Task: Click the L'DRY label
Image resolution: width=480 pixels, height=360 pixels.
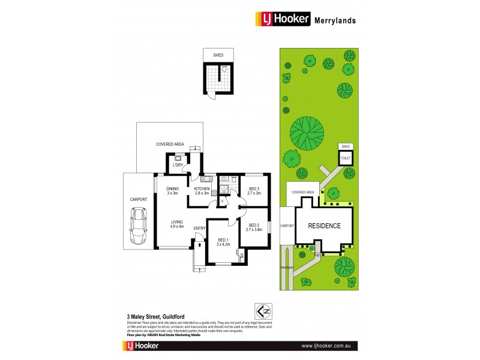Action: point(178,166)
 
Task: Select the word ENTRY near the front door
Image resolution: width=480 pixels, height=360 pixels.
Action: point(200,228)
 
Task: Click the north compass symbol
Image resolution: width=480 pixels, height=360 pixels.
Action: point(262,311)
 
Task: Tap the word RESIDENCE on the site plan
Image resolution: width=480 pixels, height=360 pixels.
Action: point(325,226)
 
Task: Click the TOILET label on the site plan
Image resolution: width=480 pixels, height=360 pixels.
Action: point(345,157)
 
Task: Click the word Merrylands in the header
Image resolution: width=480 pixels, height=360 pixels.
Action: point(335,20)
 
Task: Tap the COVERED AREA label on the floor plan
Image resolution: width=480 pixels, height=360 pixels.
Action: point(169,145)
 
